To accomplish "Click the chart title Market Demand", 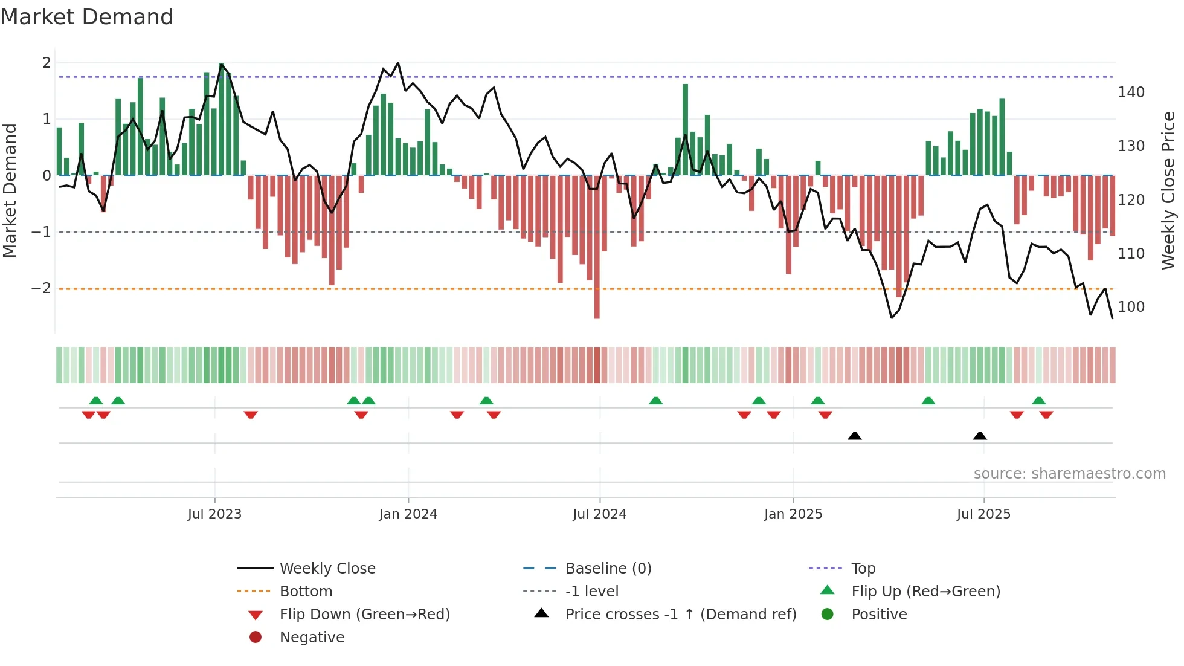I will (x=87, y=17).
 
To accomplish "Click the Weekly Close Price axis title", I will (x=1168, y=190).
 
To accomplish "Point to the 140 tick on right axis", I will (x=1131, y=92).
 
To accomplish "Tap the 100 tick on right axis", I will (x=1131, y=307).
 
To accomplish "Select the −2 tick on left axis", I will (x=41, y=288).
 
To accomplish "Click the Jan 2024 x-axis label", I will (x=408, y=514).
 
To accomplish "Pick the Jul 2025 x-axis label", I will (x=983, y=514).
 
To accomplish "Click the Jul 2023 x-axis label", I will (x=214, y=514).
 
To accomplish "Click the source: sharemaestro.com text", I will (x=1069, y=474).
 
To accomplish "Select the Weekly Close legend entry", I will (x=327, y=569).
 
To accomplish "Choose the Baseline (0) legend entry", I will (x=608, y=569).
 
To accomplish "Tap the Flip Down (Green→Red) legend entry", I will (x=364, y=615).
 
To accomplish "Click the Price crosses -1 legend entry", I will (x=680, y=615).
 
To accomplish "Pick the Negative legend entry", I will (x=312, y=638).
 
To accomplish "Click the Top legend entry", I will (x=863, y=569).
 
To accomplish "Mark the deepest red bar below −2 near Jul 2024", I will (x=597, y=302).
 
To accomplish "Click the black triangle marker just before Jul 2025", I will (x=980, y=436).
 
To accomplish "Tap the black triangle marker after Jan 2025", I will (x=854, y=436).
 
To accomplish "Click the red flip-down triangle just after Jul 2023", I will (x=251, y=415).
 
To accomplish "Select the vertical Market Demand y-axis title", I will (x=10, y=190).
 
